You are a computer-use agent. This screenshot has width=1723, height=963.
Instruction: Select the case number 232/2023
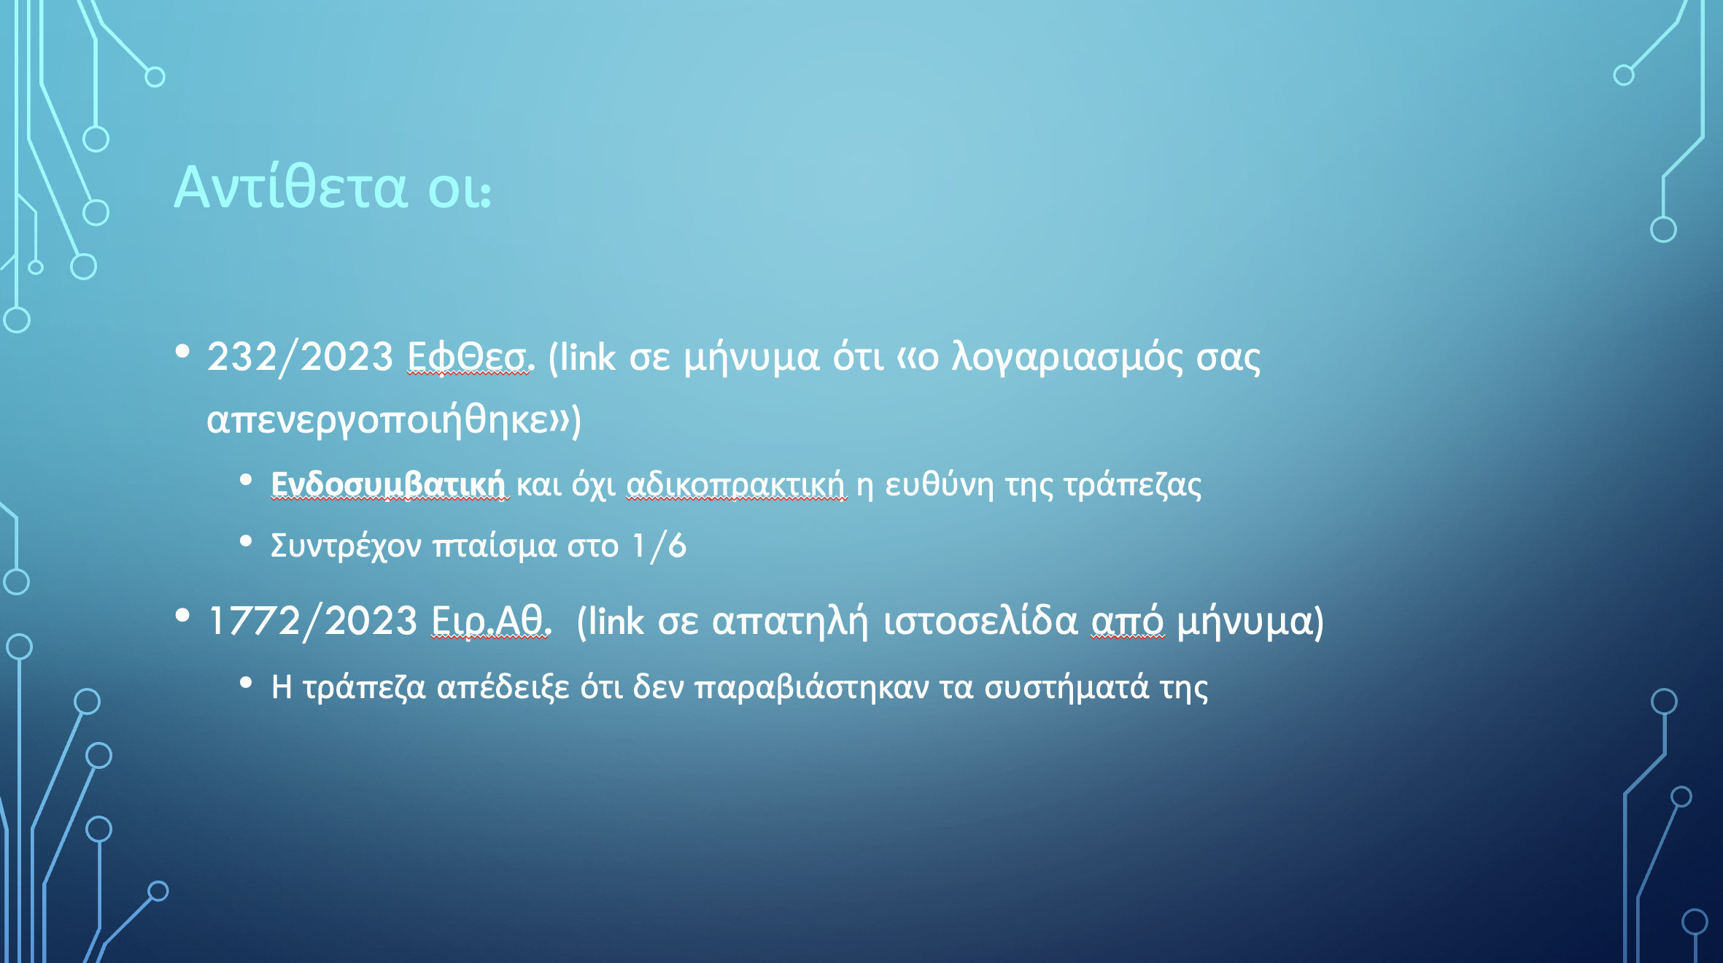click(301, 357)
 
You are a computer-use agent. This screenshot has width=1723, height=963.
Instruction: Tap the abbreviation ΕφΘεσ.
click(471, 357)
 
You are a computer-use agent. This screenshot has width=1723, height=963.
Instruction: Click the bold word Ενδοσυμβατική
click(388, 484)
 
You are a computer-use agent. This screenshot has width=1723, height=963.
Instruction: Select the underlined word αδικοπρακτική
click(736, 484)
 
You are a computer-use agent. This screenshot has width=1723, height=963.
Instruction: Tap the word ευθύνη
click(940, 485)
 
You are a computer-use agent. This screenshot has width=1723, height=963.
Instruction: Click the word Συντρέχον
click(346, 546)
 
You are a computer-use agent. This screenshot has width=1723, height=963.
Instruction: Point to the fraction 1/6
click(659, 546)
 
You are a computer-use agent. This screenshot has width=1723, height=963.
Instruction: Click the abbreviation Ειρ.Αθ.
click(491, 622)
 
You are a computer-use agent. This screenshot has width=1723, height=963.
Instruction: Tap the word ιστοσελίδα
click(980, 622)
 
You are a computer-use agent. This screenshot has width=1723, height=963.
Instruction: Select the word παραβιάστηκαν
click(811, 688)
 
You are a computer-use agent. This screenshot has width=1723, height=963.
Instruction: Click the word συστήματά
click(1066, 688)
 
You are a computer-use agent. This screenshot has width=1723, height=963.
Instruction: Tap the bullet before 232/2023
click(182, 352)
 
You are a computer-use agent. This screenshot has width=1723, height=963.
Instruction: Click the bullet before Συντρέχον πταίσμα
click(246, 541)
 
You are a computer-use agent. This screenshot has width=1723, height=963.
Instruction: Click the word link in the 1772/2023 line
click(615, 622)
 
